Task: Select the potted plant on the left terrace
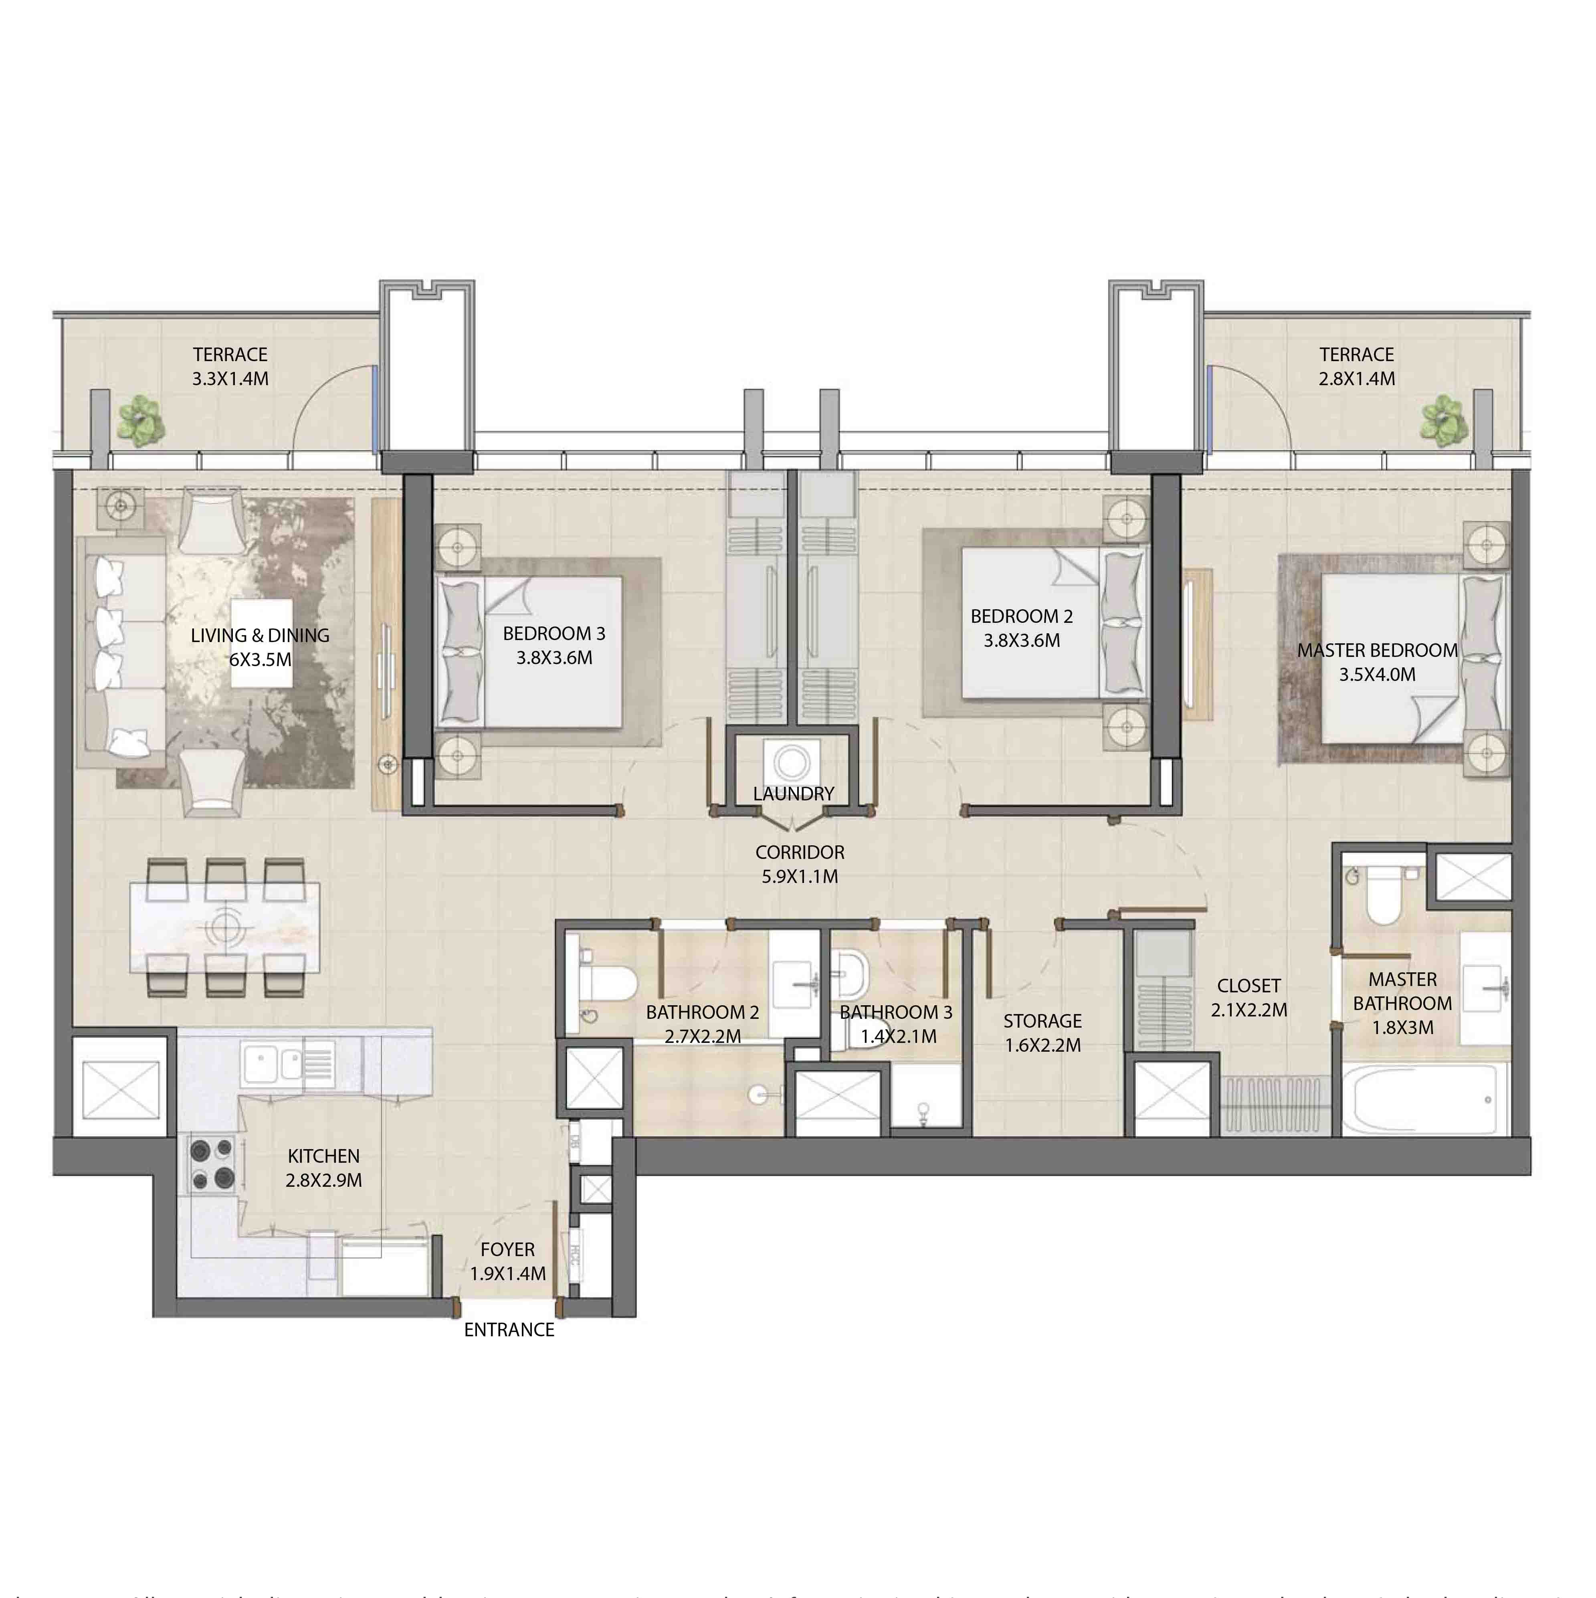pos(141,418)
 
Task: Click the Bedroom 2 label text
pos(1021,616)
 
